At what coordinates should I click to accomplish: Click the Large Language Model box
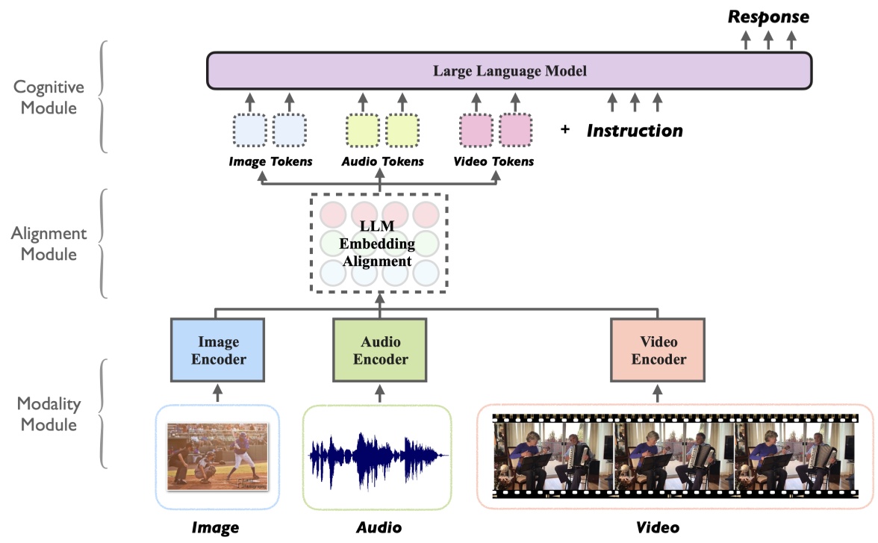pos(509,72)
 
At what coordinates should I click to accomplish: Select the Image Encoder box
pos(218,351)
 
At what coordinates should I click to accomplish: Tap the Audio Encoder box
pos(380,351)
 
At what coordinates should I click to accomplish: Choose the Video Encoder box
pos(658,351)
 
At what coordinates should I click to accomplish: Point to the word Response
pos(769,16)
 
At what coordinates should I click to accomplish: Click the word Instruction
pos(635,131)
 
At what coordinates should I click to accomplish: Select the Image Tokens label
pos(270,161)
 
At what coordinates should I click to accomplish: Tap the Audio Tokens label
pos(382,161)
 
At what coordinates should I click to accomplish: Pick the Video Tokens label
pos(494,161)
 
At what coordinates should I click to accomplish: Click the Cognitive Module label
pos(46,97)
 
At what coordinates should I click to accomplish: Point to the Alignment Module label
pos(49,243)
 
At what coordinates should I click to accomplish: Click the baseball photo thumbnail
pos(217,456)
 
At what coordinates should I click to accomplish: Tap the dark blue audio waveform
pos(379,454)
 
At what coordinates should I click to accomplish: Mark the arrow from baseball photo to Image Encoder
pos(218,392)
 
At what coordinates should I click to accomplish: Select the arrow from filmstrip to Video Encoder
pos(658,392)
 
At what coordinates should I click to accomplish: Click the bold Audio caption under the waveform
pos(379,527)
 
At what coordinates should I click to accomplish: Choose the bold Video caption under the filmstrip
pos(658,527)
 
